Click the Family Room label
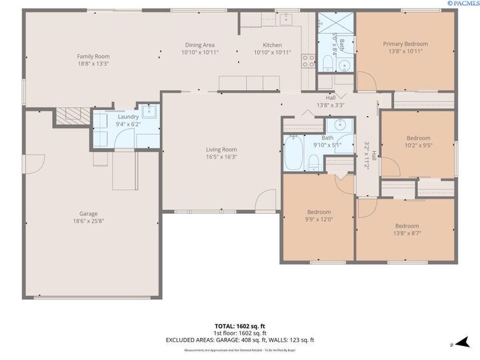93,56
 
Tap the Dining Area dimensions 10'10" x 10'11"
200,52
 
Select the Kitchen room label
263,45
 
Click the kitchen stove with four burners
309,62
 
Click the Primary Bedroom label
405,44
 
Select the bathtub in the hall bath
293,154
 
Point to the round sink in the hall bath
340,125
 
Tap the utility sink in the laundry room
149,111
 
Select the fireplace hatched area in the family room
71,116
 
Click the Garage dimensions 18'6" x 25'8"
93,221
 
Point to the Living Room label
221,149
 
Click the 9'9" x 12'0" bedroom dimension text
319,219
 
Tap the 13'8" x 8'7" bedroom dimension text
407,233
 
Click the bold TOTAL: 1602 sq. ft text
239,326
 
